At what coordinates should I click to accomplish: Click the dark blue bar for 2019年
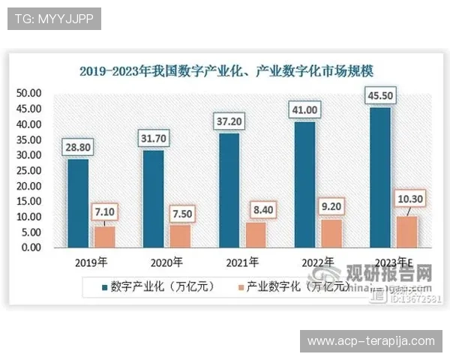click(x=77, y=202)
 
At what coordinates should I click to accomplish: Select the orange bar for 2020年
click(x=181, y=235)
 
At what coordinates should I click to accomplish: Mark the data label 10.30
click(x=409, y=198)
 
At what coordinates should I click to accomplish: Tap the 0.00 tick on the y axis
click(x=31, y=247)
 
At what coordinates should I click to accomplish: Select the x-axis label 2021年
click(x=241, y=262)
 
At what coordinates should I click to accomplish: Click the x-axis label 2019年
click(x=91, y=262)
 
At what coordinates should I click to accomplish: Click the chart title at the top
click(x=226, y=71)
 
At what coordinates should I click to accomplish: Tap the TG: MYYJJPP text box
click(x=54, y=19)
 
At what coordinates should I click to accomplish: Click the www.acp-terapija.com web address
click(x=370, y=341)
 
